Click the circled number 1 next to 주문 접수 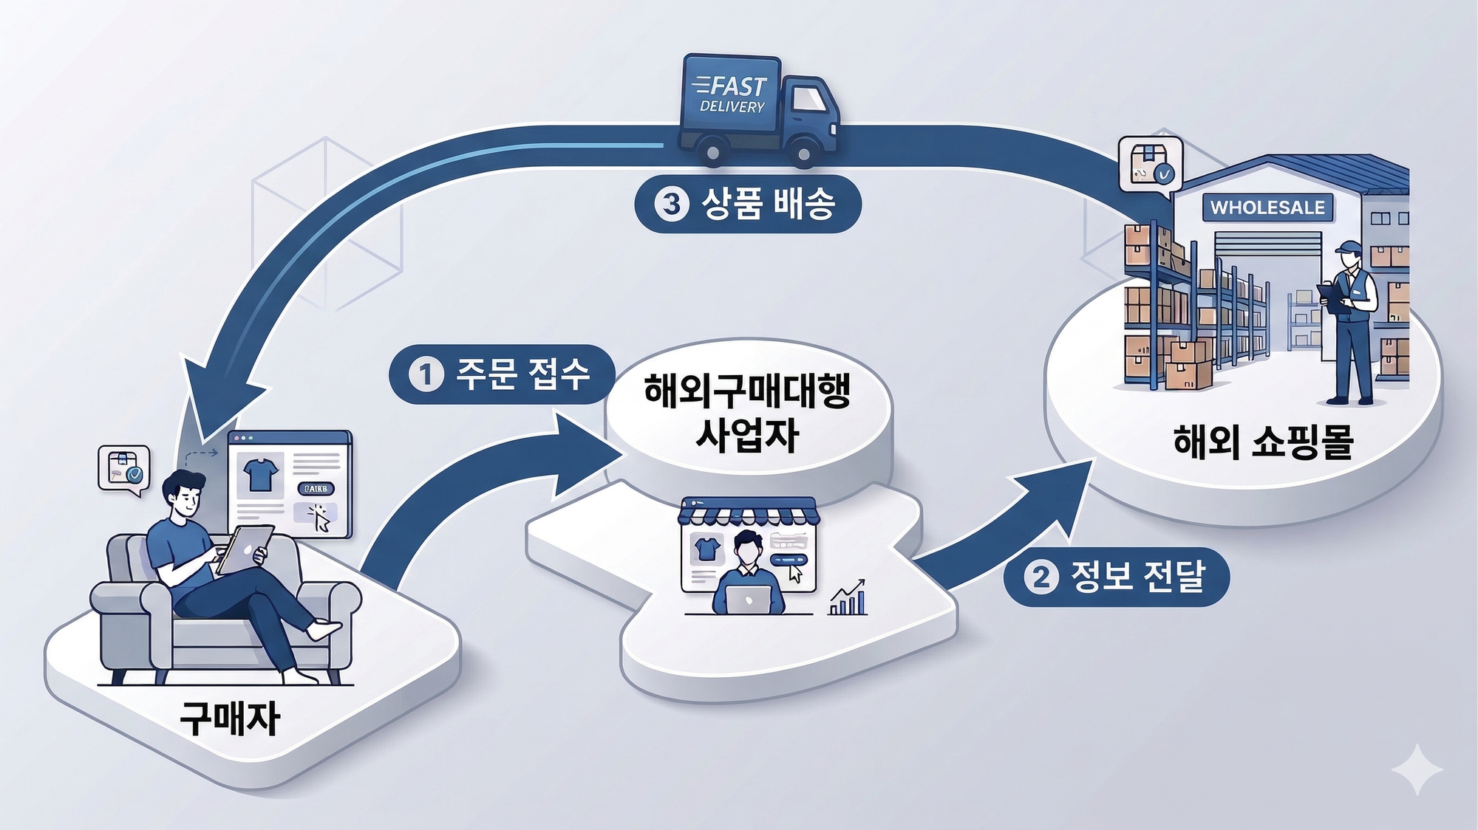click(426, 374)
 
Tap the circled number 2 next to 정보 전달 click(1041, 577)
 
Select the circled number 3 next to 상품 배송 click(671, 203)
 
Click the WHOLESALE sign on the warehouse click(1267, 207)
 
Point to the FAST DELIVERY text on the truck click(732, 95)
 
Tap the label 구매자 click(230, 718)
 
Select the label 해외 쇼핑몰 click(1263, 442)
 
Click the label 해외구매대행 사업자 click(747, 412)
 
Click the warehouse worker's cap click(1349, 247)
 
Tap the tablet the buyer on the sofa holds click(244, 549)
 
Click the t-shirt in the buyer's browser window click(260, 475)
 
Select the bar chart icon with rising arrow click(848, 598)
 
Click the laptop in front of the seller click(748, 599)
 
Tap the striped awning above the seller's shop click(748, 512)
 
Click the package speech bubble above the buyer click(123, 468)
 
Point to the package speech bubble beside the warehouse click(1150, 165)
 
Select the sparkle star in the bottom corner click(1417, 770)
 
